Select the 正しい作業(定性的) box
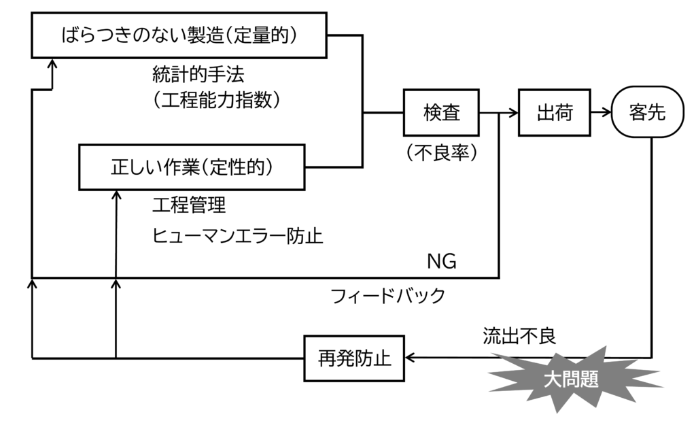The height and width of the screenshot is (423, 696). (x=191, y=167)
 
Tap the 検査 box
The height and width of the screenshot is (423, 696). (x=442, y=112)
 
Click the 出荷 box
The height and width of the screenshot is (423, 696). (x=555, y=112)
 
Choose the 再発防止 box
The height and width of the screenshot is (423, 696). (x=355, y=358)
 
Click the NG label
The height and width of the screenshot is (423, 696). (x=441, y=261)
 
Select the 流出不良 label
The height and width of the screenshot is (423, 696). (x=519, y=336)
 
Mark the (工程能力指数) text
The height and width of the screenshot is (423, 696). (x=217, y=99)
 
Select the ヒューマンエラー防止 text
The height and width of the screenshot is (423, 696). (x=237, y=235)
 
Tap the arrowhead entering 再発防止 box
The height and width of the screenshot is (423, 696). (x=411, y=358)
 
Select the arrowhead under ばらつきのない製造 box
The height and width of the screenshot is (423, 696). (x=53, y=63)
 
